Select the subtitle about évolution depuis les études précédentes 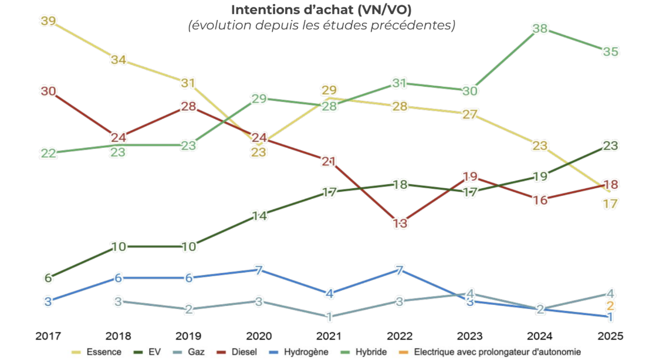pyautogui.click(x=322, y=26)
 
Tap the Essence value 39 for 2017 pyautogui.click(x=48, y=21)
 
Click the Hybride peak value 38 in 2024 pyautogui.click(x=540, y=29)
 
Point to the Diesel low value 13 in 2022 pyautogui.click(x=400, y=223)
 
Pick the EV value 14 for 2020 pyautogui.click(x=259, y=216)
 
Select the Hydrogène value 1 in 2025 pyautogui.click(x=610, y=317)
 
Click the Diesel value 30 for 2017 pyautogui.click(x=48, y=91)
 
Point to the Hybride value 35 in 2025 pyautogui.click(x=610, y=52)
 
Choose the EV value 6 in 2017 pyautogui.click(x=48, y=278)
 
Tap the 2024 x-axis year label pyautogui.click(x=540, y=337)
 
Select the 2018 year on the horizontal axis pyautogui.click(x=118, y=337)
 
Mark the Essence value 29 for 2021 pyautogui.click(x=329, y=90)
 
